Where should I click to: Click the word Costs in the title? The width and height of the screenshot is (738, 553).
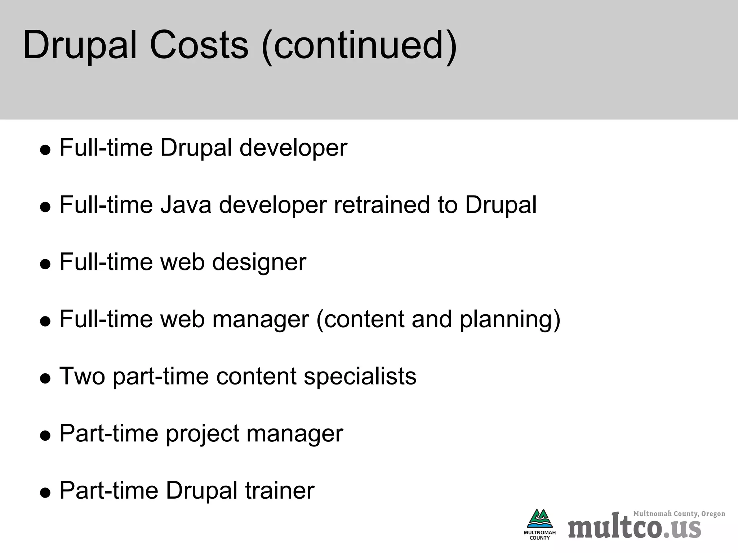[199, 46]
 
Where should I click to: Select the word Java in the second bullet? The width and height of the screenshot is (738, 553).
[186, 204]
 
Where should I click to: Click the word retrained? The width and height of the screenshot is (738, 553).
[382, 204]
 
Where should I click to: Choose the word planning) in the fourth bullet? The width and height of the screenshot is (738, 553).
[510, 320]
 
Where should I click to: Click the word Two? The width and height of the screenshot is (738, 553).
[82, 376]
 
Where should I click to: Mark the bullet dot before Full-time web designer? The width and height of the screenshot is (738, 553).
[45, 264]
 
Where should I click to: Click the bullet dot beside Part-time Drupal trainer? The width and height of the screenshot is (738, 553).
[45, 493]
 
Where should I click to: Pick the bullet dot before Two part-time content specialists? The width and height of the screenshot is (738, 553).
[45, 379]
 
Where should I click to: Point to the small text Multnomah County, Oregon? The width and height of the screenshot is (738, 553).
[679, 514]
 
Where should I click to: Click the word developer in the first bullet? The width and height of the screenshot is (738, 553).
[293, 148]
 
